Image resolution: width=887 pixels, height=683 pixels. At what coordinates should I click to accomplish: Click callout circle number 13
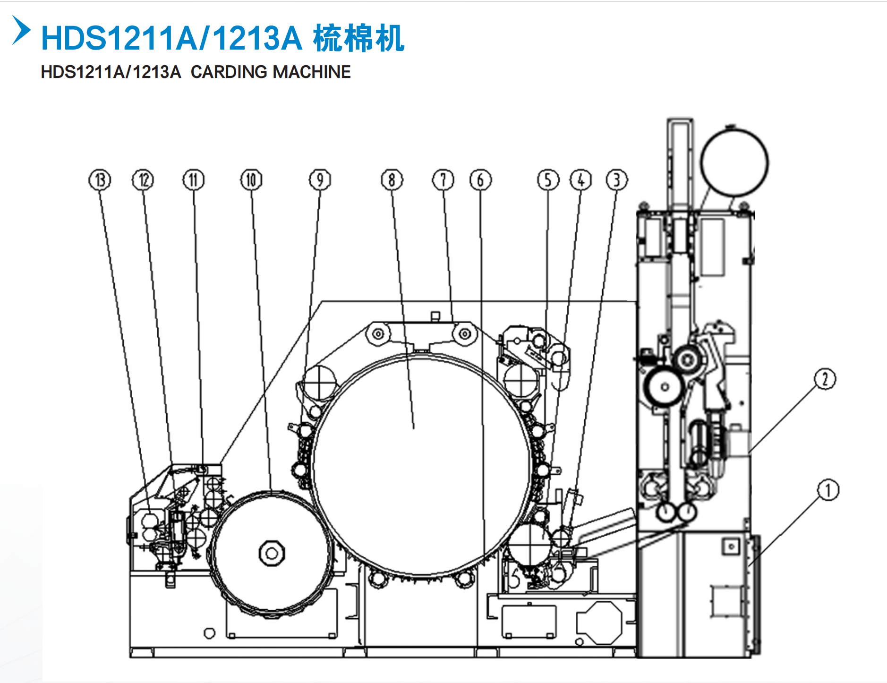100,180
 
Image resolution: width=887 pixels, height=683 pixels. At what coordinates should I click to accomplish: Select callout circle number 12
143,180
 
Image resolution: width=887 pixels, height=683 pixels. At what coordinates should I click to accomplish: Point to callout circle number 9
320,180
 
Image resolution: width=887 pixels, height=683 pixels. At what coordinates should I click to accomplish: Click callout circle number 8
392,180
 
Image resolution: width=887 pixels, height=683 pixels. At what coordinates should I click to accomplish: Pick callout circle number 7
443,180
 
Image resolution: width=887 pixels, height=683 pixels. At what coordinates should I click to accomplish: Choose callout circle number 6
480,180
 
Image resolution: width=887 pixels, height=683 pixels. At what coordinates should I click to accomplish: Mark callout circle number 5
548,180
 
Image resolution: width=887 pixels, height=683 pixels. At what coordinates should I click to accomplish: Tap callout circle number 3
617,180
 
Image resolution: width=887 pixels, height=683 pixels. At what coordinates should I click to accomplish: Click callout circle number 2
825,379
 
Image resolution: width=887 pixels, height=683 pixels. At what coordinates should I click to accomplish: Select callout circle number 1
828,490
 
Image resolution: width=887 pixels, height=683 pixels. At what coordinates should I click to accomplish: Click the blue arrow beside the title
21,31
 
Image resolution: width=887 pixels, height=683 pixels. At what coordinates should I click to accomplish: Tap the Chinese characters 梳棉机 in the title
358,38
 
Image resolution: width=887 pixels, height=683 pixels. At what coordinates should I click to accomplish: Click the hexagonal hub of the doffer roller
272,553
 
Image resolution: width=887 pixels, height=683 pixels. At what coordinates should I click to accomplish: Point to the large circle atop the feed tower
734,163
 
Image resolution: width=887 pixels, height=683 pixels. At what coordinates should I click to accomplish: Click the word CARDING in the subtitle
229,72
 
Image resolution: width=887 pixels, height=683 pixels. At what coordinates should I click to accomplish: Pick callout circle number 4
581,180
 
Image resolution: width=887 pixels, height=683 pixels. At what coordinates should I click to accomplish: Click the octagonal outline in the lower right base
599,623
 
